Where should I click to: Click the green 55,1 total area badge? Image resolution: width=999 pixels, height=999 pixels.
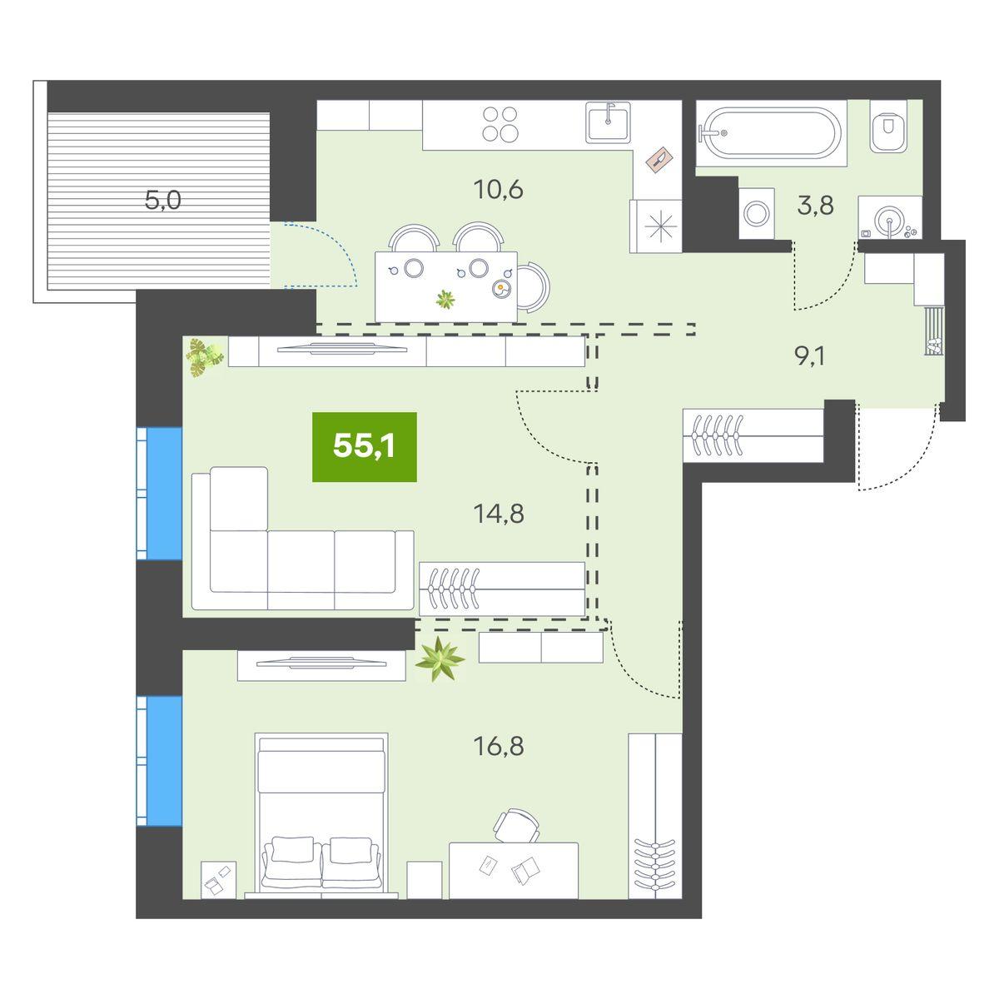tap(364, 447)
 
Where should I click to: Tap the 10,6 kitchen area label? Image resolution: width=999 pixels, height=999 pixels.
tap(497, 190)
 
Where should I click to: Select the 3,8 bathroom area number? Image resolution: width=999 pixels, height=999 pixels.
tap(815, 206)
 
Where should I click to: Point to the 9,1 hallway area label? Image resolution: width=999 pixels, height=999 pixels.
tap(811, 355)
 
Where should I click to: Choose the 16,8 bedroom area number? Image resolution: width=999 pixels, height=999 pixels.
tap(498, 746)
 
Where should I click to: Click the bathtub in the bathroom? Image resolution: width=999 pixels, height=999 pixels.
tap(768, 132)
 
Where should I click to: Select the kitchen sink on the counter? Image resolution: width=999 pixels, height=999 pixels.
tap(613, 123)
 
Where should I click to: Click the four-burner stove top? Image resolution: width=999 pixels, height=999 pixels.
tap(501, 124)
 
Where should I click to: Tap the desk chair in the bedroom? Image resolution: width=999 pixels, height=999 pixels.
tap(516, 824)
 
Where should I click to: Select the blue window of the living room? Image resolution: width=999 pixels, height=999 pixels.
tap(165, 493)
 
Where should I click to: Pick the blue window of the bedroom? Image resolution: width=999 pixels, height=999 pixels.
tap(165, 761)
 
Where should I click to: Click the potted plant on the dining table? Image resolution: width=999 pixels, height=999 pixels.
tap(447, 299)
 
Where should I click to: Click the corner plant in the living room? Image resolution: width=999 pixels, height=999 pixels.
tap(204, 357)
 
